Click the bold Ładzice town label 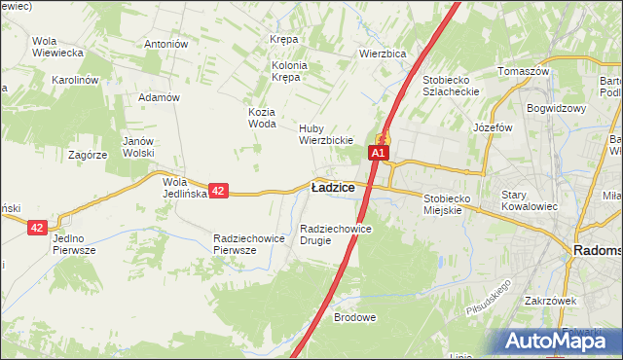(x=332, y=188)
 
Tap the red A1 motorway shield (x=379, y=153)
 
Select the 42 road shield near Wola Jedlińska (x=219, y=192)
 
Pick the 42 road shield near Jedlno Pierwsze (x=37, y=227)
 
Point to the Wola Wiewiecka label (x=56, y=47)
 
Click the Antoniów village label (x=165, y=44)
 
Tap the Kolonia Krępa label (x=288, y=71)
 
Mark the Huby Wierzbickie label (x=324, y=134)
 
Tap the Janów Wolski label (x=139, y=147)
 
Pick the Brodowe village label (x=354, y=317)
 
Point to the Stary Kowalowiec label (x=527, y=200)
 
